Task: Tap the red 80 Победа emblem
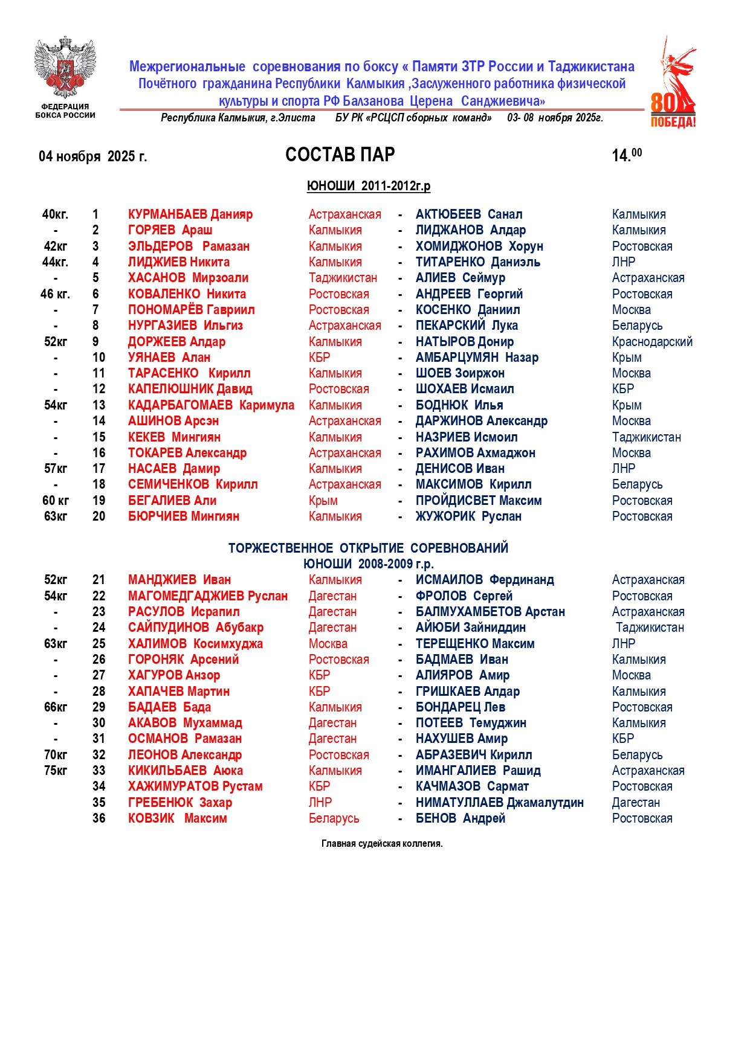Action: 673,84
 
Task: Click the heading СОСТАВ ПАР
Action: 340,155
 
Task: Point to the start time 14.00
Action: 626,155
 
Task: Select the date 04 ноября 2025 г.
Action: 92,157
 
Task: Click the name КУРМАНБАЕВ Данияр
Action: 190,214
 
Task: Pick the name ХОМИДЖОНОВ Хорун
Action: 479,246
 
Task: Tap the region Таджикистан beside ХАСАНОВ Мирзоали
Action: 343,278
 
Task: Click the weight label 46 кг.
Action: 55,294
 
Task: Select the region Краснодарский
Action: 651,342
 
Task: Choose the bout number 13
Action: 99,405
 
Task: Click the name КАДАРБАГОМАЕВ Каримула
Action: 211,405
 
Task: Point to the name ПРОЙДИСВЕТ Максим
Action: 478,501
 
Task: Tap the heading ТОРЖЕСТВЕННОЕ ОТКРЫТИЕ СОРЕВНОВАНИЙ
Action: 368,548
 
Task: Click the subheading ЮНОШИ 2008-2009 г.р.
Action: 368,564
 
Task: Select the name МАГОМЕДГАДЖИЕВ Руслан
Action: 207,596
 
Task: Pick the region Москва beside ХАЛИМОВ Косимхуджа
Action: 328,644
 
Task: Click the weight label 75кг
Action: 56,771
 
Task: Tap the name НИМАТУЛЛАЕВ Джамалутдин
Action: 499,803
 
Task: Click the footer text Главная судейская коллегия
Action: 382,844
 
